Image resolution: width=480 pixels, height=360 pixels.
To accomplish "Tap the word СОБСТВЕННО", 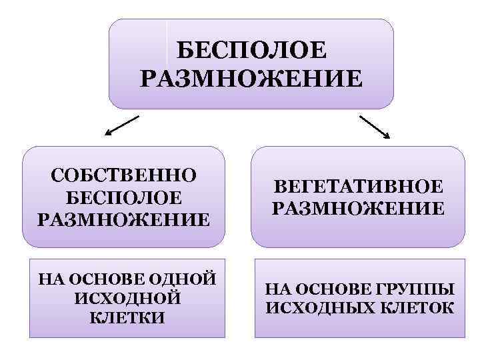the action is point(123,176).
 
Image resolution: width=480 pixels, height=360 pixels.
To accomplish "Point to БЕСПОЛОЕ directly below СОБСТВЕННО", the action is point(123,198).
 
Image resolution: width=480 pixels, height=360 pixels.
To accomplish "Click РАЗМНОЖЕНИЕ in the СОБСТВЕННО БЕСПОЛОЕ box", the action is point(123,220).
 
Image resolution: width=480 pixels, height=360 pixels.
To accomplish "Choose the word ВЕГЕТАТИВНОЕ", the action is point(358,187).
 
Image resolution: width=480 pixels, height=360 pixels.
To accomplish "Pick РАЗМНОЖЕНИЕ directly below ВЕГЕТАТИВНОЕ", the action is point(358,209).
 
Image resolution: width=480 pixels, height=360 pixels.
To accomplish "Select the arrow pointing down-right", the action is point(375,127).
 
